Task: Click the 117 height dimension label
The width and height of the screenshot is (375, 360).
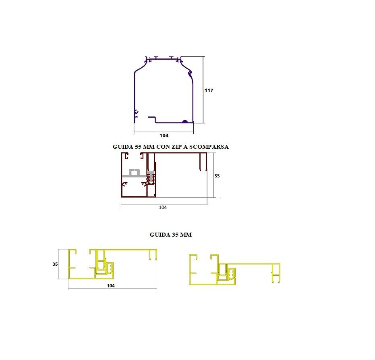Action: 209,90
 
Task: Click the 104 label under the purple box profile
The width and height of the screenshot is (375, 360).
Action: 164,135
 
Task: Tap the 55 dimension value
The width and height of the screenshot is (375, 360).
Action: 217,176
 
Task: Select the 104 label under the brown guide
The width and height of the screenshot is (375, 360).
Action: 163,207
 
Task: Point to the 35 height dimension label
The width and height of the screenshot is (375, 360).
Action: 55,264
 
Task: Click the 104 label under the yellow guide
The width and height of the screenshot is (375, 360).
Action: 111,285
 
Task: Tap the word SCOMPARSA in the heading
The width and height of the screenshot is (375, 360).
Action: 209,147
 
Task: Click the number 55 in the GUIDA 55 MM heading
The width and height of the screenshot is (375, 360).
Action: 138,147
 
